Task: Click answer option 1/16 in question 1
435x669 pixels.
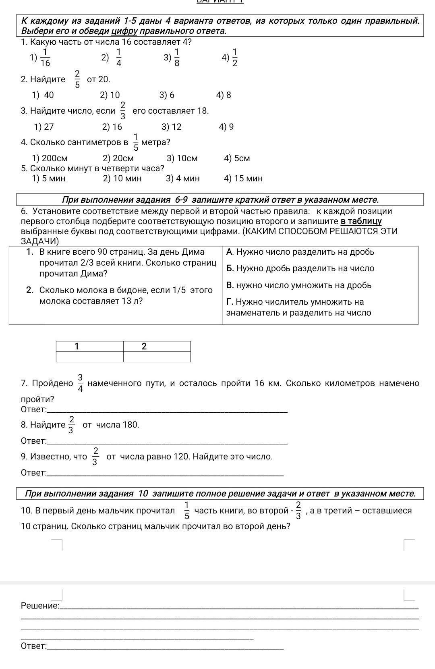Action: (x=41, y=58)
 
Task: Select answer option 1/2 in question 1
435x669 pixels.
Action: (x=231, y=58)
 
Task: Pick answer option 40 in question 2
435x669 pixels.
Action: (x=43, y=95)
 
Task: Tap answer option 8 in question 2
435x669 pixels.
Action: (x=224, y=95)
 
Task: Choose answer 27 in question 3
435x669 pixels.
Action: (x=44, y=127)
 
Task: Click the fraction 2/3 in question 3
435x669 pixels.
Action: (x=123, y=111)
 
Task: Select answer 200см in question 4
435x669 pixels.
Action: (x=50, y=158)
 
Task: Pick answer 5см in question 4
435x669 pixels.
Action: (x=237, y=158)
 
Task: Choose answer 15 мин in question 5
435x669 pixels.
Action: (x=243, y=179)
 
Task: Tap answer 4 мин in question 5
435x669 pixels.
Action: (x=183, y=179)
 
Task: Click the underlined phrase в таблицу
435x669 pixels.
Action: (x=361, y=221)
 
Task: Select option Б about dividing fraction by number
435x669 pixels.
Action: (x=300, y=268)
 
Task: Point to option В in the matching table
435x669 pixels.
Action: (x=298, y=285)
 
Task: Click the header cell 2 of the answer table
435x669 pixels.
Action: (x=144, y=346)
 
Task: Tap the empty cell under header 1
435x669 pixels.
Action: (x=89, y=357)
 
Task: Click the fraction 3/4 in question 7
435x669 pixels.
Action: (x=80, y=383)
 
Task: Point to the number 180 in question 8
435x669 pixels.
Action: (x=130, y=425)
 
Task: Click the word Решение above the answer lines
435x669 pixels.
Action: (x=40, y=606)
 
